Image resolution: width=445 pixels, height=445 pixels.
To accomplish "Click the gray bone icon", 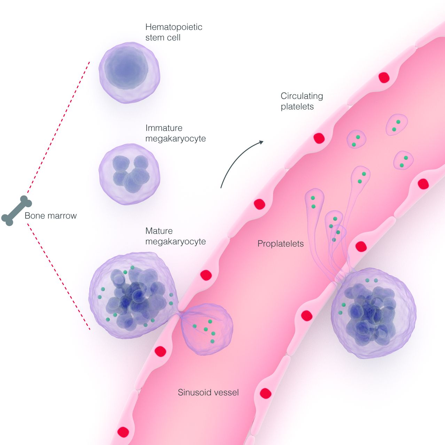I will pos(16,211).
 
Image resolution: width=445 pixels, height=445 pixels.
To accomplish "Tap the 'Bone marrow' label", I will pos(50,216).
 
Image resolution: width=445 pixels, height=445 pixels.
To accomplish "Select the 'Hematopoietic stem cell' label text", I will pos(173,32).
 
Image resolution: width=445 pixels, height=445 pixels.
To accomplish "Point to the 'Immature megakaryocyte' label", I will pos(175,133).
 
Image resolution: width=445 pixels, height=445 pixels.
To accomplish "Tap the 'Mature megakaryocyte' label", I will pos(175,236).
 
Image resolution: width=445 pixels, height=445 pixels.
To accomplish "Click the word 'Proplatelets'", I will pos(280,244).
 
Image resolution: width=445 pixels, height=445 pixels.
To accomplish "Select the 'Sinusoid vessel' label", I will pos(208,393).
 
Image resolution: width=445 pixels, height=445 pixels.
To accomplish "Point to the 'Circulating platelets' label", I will pos(302,101).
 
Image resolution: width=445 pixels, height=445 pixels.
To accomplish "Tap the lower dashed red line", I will pos(59,276).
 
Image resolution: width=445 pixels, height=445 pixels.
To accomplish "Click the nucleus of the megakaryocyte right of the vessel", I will pos(371,313).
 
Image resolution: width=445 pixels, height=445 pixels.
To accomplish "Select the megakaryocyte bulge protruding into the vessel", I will pos(207,329).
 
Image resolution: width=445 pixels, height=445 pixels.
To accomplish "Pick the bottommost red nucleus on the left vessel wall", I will pos(123,432).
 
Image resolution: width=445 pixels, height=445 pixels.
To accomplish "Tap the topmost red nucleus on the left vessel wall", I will pos(384,78).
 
